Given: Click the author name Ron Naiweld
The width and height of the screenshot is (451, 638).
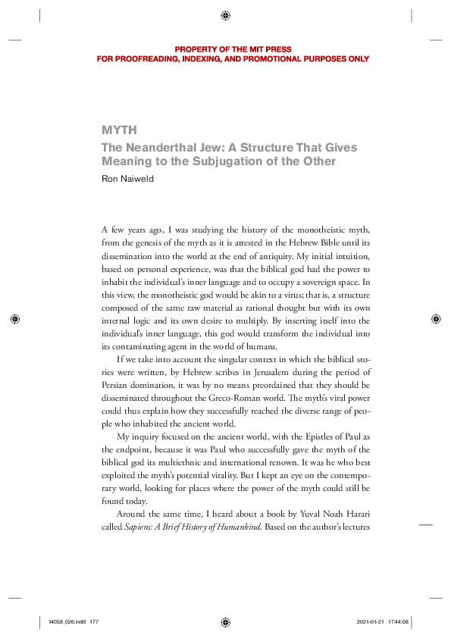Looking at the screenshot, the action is (131, 179).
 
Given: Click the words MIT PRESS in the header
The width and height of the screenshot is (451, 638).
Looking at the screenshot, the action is (273, 49).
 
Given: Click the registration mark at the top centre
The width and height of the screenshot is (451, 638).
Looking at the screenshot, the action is (225, 15).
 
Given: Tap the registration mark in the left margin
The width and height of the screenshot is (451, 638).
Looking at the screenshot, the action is (15, 319).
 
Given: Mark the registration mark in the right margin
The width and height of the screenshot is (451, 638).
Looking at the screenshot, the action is (435, 319).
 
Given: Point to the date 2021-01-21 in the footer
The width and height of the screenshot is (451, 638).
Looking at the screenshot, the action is (371, 621).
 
